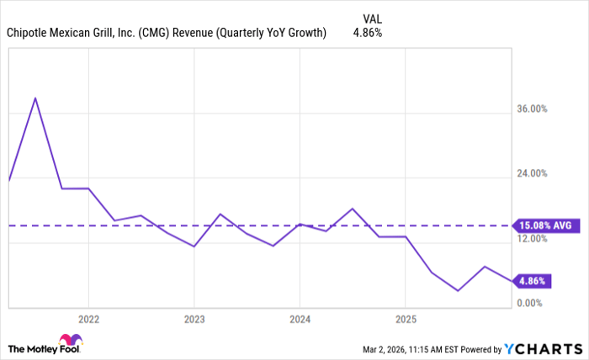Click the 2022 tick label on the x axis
(x=88, y=320)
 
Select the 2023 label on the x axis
(x=194, y=320)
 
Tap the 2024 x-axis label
(x=300, y=320)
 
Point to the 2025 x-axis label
(x=405, y=320)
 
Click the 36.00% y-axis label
(x=532, y=109)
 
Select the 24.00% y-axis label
(x=532, y=173)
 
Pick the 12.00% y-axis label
(x=532, y=239)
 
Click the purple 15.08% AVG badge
(x=545, y=225)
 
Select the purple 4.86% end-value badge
(x=533, y=281)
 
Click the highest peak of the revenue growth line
(x=35, y=98)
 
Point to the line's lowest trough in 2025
(x=458, y=291)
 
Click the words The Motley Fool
(x=33, y=348)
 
